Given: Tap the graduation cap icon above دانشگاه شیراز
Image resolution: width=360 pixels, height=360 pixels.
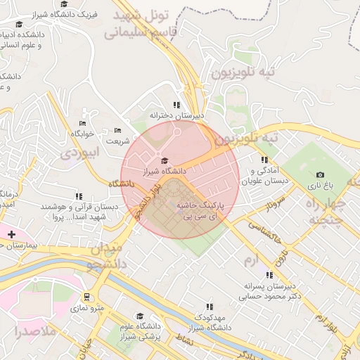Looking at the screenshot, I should pyautogui.click(x=164, y=161).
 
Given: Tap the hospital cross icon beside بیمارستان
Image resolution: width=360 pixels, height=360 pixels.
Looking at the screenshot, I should pyautogui.click(x=11, y=233).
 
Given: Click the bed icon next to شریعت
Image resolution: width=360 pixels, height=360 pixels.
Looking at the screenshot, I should pyautogui.click(x=117, y=131).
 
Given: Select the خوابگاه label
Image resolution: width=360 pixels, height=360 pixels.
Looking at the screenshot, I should pyautogui.click(x=82, y=133).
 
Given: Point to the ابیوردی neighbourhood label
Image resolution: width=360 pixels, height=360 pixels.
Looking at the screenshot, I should pyautogui.click(x=77, y=152).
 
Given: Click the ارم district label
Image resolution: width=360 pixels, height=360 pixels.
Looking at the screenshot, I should pyautogui.click(x=251, y=261).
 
